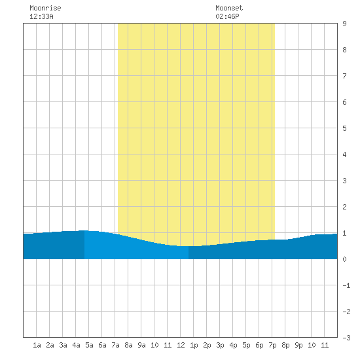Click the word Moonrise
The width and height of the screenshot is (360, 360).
pos(45,8)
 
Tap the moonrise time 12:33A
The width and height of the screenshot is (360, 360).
pos(41,16)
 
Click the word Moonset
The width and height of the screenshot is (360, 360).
pos(229,8)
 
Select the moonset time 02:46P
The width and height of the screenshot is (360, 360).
pos(227,16)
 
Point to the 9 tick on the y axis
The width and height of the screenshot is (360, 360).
pos(344,24)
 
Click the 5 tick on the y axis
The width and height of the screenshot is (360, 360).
pos(344,128)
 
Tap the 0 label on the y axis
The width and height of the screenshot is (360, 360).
pos(344,259)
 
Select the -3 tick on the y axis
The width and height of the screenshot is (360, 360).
pos(346,338)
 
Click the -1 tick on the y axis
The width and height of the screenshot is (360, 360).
pos(346,285)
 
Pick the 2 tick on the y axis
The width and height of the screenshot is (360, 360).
pos(344,207)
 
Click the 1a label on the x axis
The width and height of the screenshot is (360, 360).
pos(37,345)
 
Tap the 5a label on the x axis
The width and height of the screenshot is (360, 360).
pos(89,345)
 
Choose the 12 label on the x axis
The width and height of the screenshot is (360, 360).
pos(181,345)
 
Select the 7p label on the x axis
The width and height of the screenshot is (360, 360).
pos(272,345)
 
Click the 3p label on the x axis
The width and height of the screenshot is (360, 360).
pos(220,345)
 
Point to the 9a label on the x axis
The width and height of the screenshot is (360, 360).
pos(141,345)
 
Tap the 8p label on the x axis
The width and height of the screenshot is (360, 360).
pos(285,345)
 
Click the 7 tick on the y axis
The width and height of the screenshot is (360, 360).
pos(344,76)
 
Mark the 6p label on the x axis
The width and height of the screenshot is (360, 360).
pos(259,345)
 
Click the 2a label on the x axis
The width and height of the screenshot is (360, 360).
pos(50,345)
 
